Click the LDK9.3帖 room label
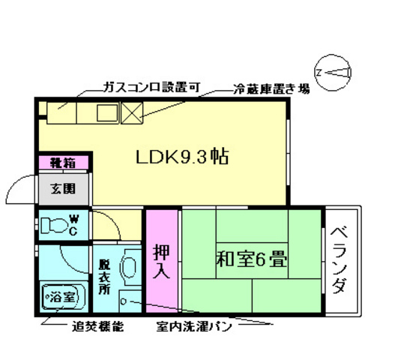pyautogui.click(x=181, y=157)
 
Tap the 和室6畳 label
pyautogui.click(x=251, y=259)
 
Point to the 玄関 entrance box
pyautogui.click(x=63, y=188)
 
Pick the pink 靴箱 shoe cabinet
pyautogui.click(x=62, y=160)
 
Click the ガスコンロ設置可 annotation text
pyautogui.click(x=151, y=88)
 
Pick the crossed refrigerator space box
pyautogui.click(x=133, y=112)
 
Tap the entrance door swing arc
pyautogui.click(x=20, y=187)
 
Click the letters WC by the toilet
pyautogui.click(x=73, y=224)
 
